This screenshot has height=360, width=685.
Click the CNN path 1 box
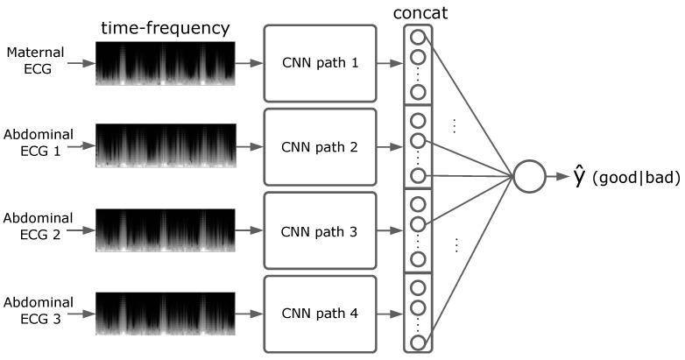tap(320, 63)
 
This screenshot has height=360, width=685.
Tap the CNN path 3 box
tap(320, 232)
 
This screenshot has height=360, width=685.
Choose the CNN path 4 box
tap(320, 313)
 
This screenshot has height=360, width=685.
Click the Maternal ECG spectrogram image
tap(165, 63)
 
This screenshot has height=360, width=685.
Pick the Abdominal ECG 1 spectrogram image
tap(165, 146)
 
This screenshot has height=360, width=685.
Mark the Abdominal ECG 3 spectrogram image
tap(165, 313)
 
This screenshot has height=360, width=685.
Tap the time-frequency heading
tap(165, 28)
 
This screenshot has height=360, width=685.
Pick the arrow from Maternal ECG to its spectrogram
tap(79, 63)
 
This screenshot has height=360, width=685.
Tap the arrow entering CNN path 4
tap(250, 313)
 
